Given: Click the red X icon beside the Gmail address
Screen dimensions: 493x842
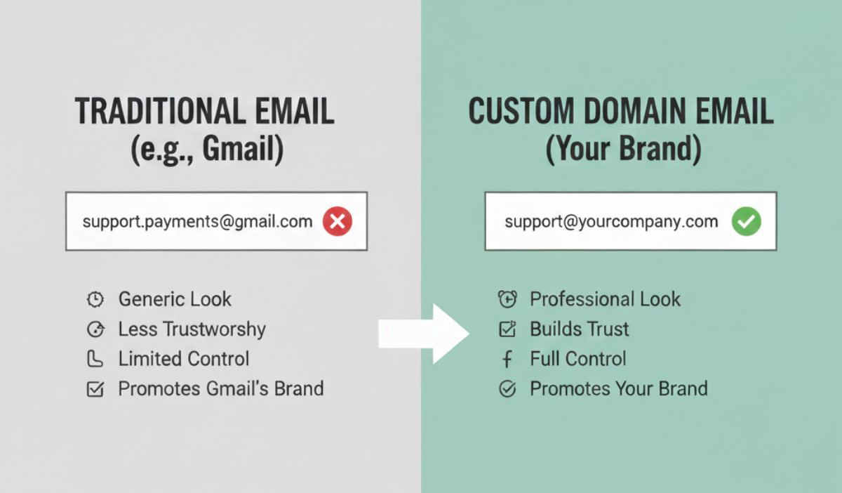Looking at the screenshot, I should click(x=338, y=223).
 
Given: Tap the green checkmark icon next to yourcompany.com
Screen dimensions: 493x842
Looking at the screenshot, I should click(x=746, y=223).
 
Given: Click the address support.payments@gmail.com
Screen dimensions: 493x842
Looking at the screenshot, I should click(x=197, y=222).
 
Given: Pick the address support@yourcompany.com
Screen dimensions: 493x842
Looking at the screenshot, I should click(x=610, y=222).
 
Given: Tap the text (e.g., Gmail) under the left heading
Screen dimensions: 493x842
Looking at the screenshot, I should click(x=207, y=151).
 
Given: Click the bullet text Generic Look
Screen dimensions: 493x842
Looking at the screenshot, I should click(x=175, y=299).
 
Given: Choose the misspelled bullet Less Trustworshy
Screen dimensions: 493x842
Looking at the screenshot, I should click(x=192, y=329).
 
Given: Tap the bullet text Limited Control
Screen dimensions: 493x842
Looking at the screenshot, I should click(x=183, y=359).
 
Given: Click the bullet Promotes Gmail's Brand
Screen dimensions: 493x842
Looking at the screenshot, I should click(x=220, y=388).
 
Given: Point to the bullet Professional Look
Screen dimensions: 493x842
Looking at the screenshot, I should click(x=605, y=299).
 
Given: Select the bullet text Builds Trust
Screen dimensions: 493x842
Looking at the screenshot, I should click(x=579, y=329).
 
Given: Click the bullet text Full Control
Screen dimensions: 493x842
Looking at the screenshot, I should click(x=577, y=359).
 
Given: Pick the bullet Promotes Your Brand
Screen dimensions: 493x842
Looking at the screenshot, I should click(x=618, y=388).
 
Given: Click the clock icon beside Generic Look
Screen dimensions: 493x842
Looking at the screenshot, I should click(x=95, y=300).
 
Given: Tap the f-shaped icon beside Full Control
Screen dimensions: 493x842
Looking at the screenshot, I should click(x=507, y=360).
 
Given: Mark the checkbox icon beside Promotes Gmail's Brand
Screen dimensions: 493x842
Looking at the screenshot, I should click(x=95, y=389).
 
